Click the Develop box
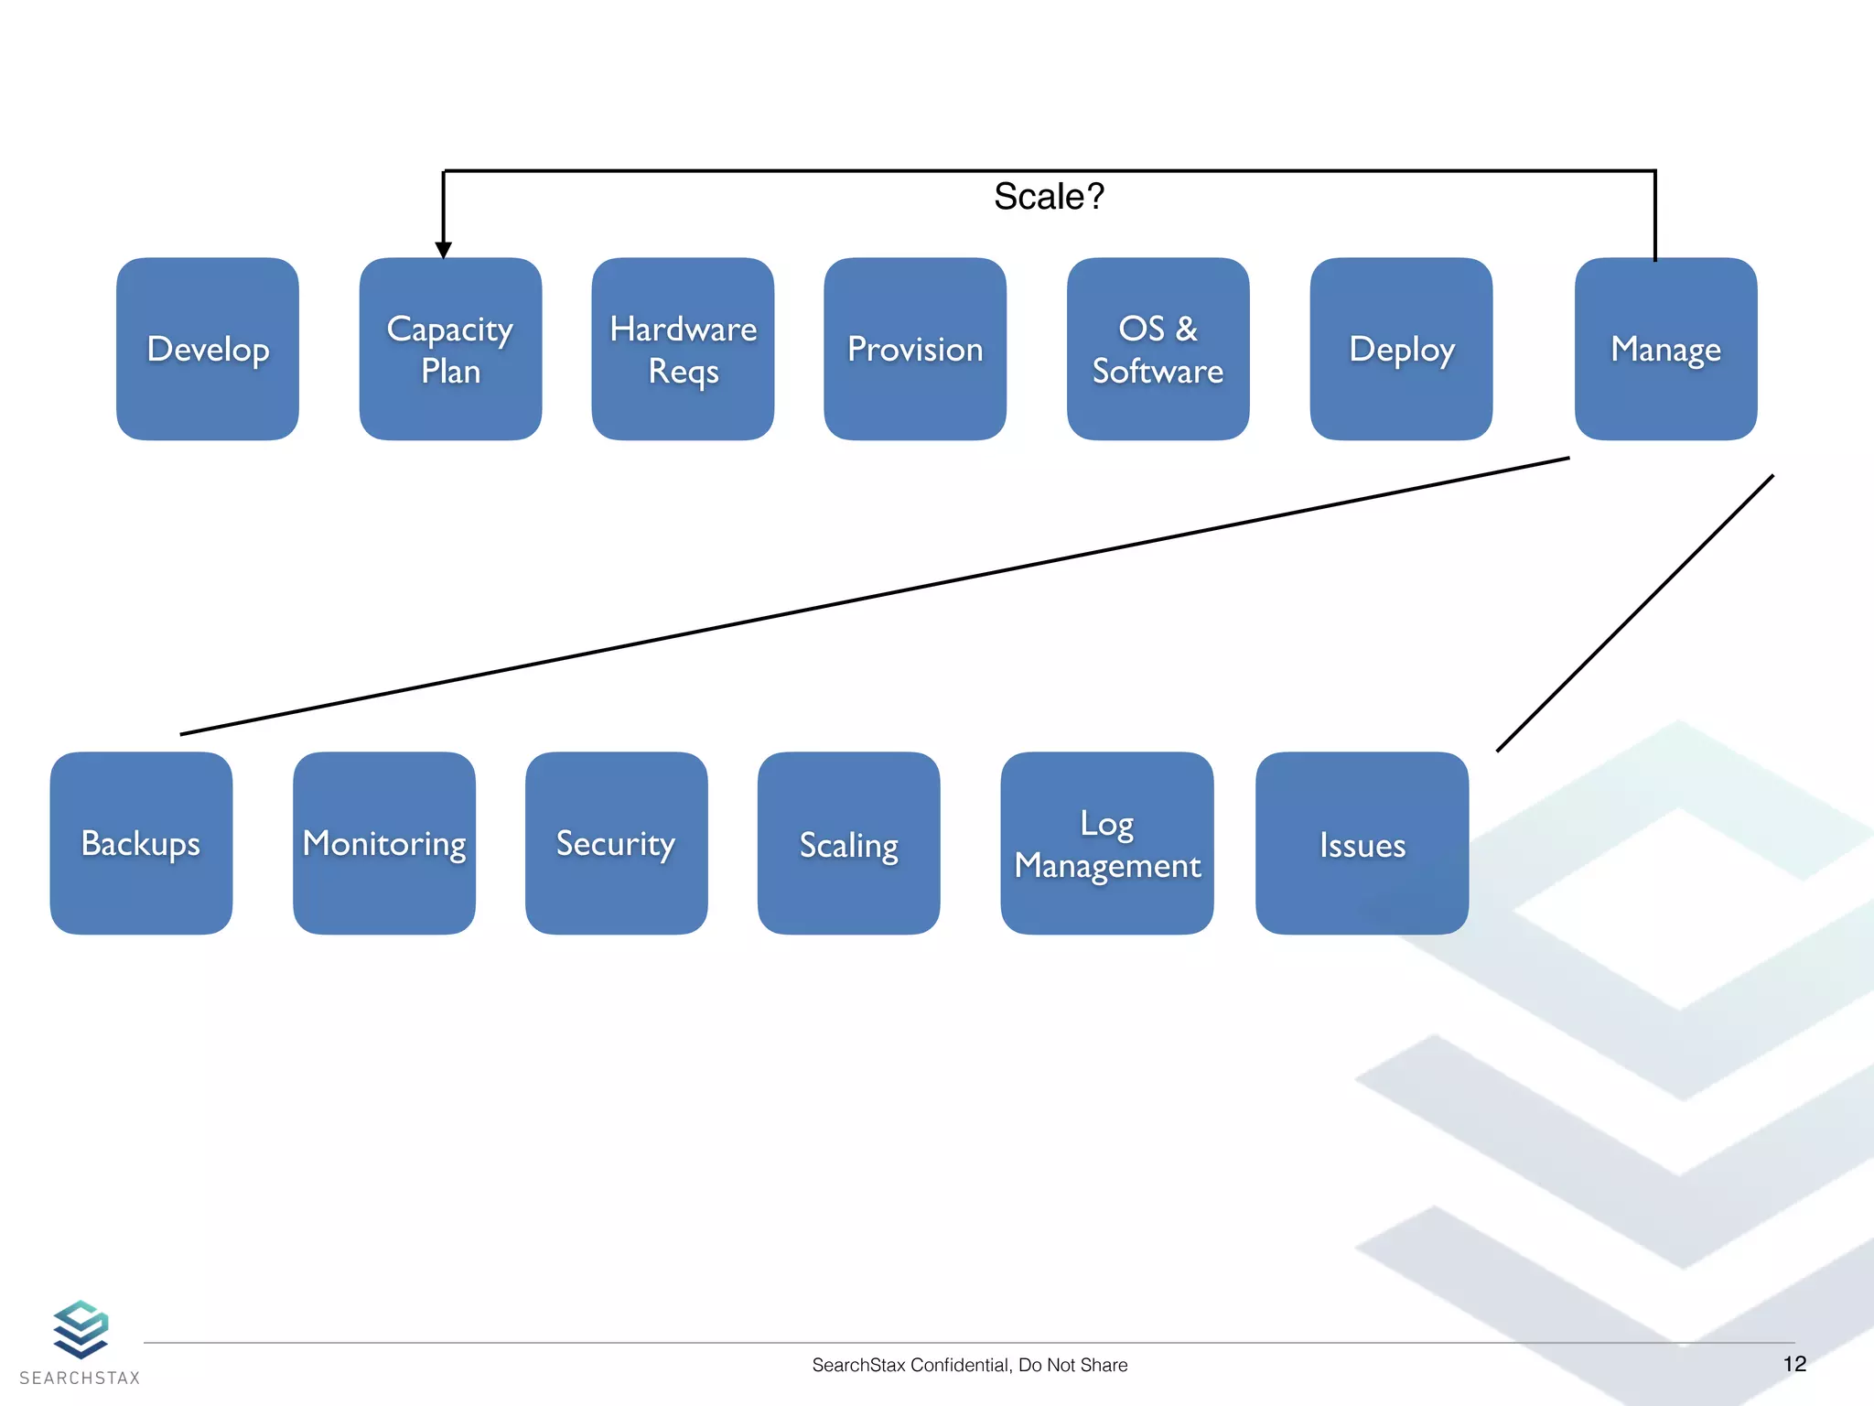208,349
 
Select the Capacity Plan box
450,349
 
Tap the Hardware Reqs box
683,349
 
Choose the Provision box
915,349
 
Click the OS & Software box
1158,349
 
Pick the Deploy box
1401,349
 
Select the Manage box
1665,349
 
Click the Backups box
141,843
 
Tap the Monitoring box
384,843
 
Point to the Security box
616,843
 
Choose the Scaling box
848,843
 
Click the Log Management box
1107,843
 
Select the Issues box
1362,843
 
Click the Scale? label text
1049,197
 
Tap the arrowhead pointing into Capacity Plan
444,250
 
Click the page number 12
1794,1364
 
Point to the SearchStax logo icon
81,1328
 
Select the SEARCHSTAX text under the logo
80,1378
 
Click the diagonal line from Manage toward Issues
1635,613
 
